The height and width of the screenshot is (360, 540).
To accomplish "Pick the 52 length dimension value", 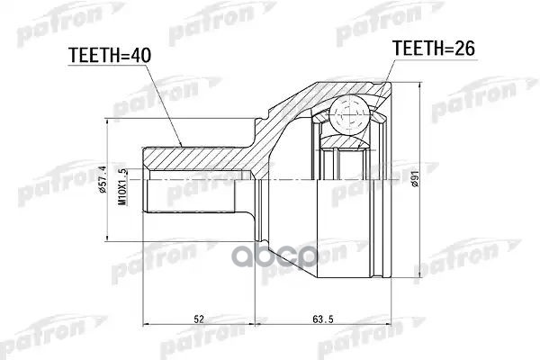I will point(197,318).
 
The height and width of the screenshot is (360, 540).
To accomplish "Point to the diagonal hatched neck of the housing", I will point(270,135).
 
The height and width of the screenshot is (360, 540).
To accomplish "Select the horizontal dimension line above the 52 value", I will point(197,327).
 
